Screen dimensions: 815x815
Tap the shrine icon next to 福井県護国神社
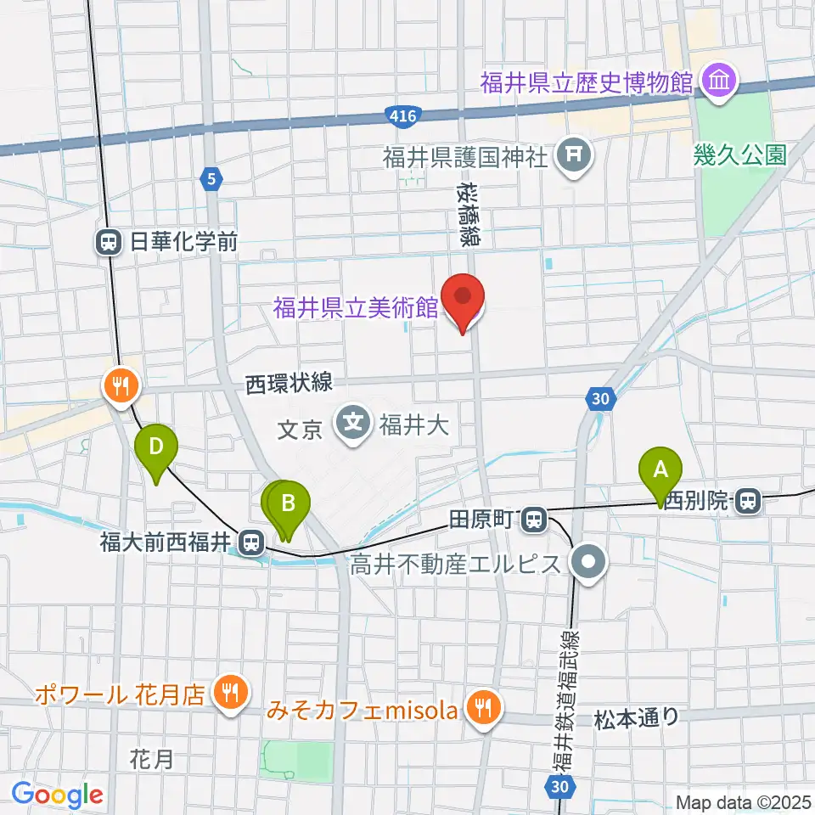pyautogui.click(x=576, y=155)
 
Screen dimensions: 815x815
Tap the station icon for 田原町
pyautogui.click(x=533, y=516)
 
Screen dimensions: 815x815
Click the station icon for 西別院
pyautogui.click(x=748, y=501)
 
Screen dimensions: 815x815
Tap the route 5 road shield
pyautogui.click(x=211, y=178)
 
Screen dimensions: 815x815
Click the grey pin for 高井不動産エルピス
pyautogui.click(x=587, y=564)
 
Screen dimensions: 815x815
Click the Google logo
pyautogui.click(x=57, y=795)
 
